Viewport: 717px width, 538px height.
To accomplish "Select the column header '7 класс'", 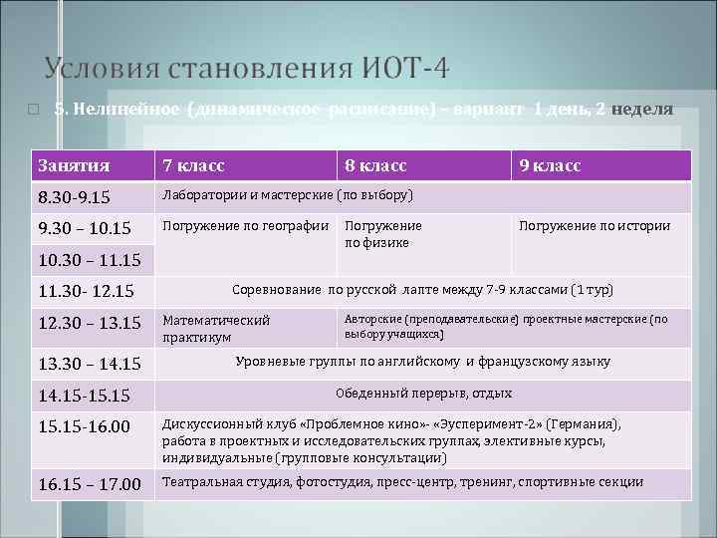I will [x=193, y=165].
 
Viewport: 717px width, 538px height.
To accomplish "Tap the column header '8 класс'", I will [x=375, y=165].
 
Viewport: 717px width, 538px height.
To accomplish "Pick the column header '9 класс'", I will [x=549, y=165].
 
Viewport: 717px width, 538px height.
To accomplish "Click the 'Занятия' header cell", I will [x=74, y=165].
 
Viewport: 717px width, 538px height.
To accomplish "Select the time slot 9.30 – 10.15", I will [x=85, y=229].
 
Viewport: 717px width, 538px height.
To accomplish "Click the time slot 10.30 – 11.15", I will [x=89, y=261].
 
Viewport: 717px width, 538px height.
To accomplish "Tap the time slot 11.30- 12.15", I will [x=85, y=293].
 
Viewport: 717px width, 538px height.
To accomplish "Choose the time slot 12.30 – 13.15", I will [x=89, y=325].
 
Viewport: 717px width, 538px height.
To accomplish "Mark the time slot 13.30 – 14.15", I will [x=89, y=364].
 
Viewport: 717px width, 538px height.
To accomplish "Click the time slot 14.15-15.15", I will [x=84, y=396].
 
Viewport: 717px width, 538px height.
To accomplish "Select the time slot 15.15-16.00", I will [x=84, y=426].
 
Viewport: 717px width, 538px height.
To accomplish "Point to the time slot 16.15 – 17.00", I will [x=89, y=485].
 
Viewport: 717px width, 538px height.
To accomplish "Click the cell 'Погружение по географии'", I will [x=245, y=226].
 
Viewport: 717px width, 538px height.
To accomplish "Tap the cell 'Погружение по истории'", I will [x=595, y=226].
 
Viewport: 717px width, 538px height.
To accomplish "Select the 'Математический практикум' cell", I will [x=216, y=329].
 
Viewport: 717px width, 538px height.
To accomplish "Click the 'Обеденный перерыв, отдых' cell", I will [x=423, y=394].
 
